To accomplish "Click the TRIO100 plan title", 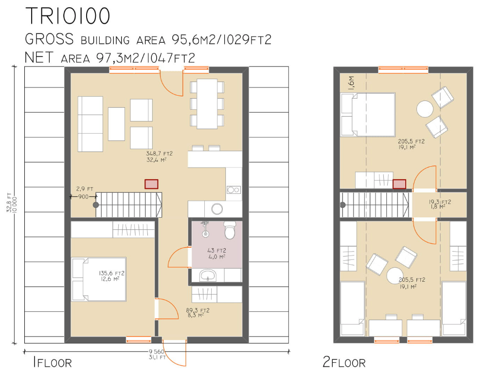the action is pyautogui.click(x=68, y=16).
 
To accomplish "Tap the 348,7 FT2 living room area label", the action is pyautogui.click(x=159, y=153).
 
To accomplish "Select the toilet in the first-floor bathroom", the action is pyautogui.click(x=230, y=230).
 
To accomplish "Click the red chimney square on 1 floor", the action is pyautogui.click(x=151, y=184).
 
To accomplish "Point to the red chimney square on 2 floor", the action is pyautogui.click(x=399, y=184).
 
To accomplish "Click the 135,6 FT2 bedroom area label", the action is pyautogui.click(x=111, y=273).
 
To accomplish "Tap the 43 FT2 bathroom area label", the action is pyautogui.click(x=217, y=251).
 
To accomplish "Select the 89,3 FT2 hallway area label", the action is pyautogui.click(x=198, y=310).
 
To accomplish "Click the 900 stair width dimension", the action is pyautogui.click(x=83, y=197).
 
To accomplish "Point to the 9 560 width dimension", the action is pyautogui.click(x=157, y=352).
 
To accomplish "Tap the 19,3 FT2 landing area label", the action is pyautogui.click(x=440, y=202).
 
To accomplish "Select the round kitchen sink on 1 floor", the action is pyautogui.click(x=217, y=209).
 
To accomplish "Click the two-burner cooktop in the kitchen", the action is pyautogui.click(x=234, y=190).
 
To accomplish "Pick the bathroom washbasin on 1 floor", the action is pyautogui.click(x=208, y=275).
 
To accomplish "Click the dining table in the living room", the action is pyautogui.click(x=207, y=104).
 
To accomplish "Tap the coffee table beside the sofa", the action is pyautogui.click(x=116, y=124).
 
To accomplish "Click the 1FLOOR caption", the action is pyautogui.click(x=52, y=362).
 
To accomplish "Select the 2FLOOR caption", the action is pyautogui.click(x=344, y=362).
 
